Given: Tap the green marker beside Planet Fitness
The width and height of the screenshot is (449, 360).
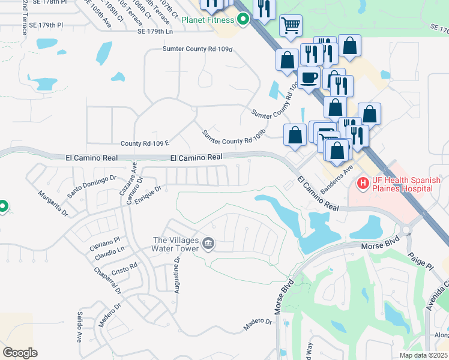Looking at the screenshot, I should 243,20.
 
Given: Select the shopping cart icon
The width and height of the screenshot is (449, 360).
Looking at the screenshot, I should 291,26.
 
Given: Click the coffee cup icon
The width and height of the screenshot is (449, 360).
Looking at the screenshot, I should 309,78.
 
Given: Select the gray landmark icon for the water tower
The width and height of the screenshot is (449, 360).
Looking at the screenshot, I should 208,244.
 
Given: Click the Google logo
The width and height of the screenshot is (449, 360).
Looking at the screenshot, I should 20,352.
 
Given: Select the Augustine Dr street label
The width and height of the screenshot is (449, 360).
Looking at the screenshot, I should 177,275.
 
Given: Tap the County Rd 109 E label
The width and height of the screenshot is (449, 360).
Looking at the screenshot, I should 145,143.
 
